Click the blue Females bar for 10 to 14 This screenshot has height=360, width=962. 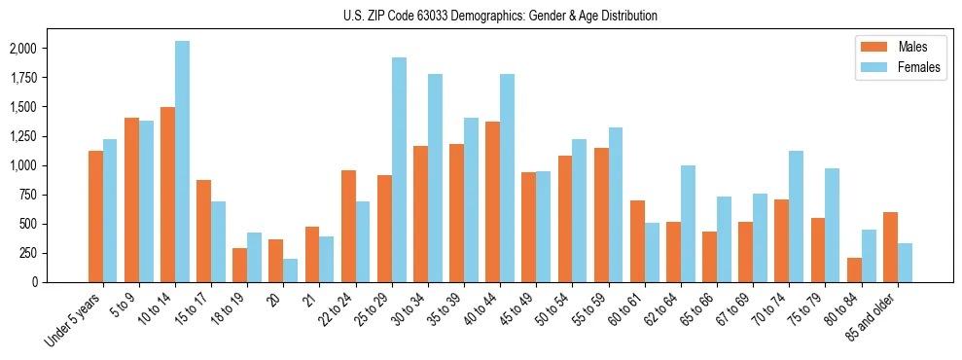point(182,162)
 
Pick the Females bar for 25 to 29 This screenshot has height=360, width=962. point(399,170)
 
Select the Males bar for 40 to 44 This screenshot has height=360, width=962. point(493,201)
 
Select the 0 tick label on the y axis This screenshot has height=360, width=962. point(34,282)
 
